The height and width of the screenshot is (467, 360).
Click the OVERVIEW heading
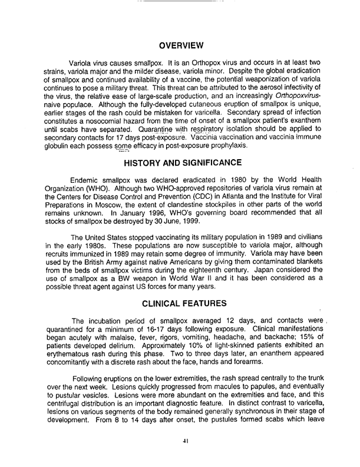pyautogui.click(x=182, y=45)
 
